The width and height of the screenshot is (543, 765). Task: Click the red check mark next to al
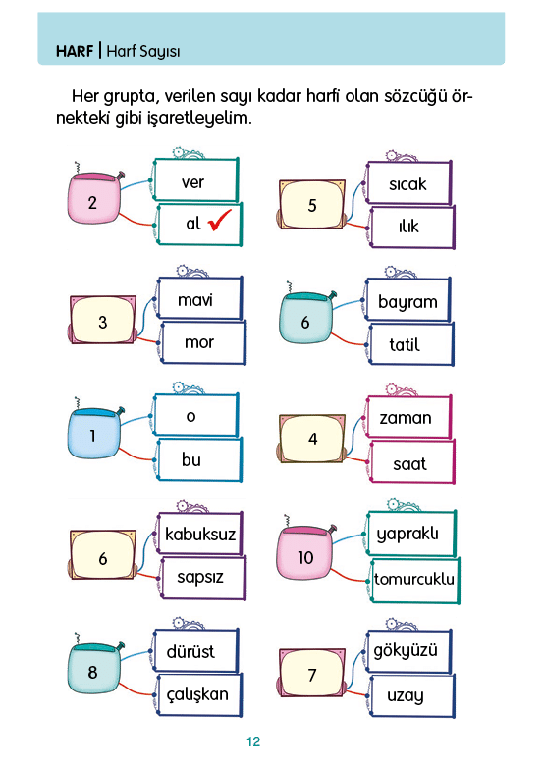(x=219, y=221)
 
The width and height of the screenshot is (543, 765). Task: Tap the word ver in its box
(x=192, y=183)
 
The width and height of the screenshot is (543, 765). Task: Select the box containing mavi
(x=199, y=298)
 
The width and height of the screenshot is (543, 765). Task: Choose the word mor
(x=199, y=342)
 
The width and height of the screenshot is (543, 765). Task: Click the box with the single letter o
(x=196, y=415)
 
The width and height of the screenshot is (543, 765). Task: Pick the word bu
(x=190, y=459)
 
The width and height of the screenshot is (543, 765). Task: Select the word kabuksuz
(x=200, y=534)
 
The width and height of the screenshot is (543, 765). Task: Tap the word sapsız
(x=200, y=577)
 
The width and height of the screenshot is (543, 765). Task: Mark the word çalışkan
(x=197, y=694)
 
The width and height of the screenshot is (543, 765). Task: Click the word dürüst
(x=190, y=651)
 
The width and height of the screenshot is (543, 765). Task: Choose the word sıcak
(x=407, y=184)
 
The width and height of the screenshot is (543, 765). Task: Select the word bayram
(x=407, y=302)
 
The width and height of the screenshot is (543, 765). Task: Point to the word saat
(x=409, y=464)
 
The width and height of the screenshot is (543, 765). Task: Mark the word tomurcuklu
(x=414, y=579)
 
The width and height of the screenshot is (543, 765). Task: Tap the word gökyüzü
(x=406, y=651)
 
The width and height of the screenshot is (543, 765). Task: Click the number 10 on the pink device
(x=305, y=557)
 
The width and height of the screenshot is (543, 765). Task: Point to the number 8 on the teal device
(x=92, y=672)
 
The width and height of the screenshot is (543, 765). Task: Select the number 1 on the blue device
(x=92, y=435)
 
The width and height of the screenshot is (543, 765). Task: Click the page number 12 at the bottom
(x=253, y=741)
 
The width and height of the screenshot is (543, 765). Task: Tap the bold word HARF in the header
(x=75, y=51)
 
